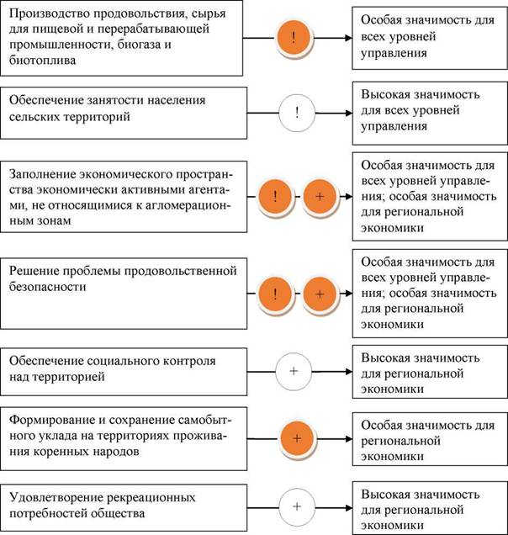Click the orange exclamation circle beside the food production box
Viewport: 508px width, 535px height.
(x=294, y=38)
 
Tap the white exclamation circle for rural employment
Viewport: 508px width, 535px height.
(x=297, y=113)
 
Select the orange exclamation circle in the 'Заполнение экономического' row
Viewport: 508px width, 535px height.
(x=275, y=197)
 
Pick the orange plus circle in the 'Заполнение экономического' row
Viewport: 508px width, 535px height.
(x=320, y=197)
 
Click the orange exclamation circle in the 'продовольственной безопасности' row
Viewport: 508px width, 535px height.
(x=275, y=294)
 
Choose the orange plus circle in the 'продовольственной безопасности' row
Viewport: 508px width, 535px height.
(x=320, y=294)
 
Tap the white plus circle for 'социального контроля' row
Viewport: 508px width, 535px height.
(x=294, y=371)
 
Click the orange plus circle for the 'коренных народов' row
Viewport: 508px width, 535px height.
(x=297, y=438)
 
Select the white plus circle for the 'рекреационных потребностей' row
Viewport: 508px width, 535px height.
(x=297, y=506)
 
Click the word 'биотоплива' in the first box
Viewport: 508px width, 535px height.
(x=43, y=61)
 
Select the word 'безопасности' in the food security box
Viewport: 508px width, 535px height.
(x=47, y=287)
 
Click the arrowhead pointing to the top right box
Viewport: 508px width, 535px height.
(x=348, y=38)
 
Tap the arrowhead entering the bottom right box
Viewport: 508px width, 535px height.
(x=348, y=508)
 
